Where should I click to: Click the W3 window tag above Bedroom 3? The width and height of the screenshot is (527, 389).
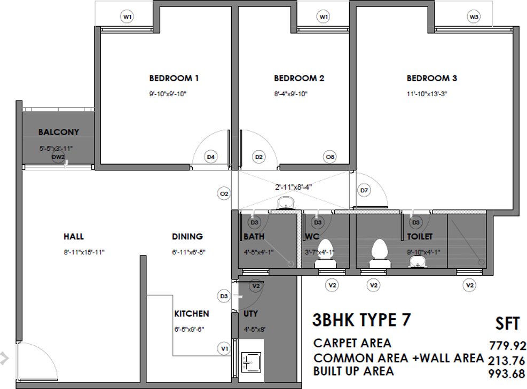[x=474, y=17]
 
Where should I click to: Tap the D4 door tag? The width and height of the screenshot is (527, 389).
[x=211, y=157]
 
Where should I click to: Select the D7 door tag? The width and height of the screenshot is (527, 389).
[x=364, y=190]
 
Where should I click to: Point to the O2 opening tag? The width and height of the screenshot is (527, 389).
[x=224, y=193]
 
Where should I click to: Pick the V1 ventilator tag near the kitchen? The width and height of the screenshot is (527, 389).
[x=224, y=348]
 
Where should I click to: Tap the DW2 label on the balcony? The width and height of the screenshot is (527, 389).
[x=58, y=157]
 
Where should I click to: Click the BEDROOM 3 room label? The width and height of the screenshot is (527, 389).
[x=431, y=79]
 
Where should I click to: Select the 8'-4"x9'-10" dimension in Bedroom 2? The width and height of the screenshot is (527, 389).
[x=290, y=94]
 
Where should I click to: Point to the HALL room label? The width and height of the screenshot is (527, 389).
[x=73, y=237]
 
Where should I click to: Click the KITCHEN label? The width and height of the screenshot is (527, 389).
[x=192, y=314]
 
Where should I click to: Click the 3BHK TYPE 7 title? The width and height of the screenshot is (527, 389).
[x=361, y=320]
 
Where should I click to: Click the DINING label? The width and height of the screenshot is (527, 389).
[x=187, y=237]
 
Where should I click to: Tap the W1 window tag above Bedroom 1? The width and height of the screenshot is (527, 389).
[x=128, y=17]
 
